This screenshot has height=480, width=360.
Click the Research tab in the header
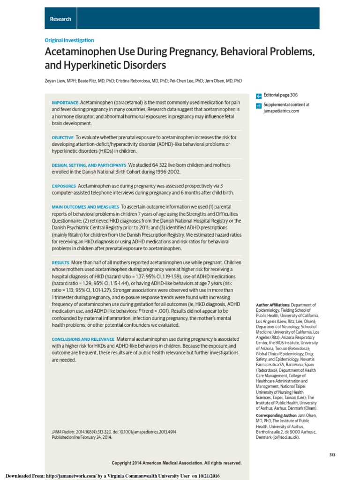point(61,19)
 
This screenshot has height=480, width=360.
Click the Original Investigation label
point(69,40)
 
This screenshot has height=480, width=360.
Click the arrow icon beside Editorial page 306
point(259,95)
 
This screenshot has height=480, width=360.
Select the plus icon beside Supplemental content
point(259,106)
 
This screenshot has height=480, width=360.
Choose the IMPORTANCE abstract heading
point(65,103)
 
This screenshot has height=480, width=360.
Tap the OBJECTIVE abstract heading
point(62,137)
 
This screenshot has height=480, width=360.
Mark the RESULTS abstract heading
point(60,263)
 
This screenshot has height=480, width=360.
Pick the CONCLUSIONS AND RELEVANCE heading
point(83,339)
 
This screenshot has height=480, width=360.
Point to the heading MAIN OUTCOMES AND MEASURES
point(85,207)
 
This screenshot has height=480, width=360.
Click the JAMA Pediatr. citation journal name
point(65,431)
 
